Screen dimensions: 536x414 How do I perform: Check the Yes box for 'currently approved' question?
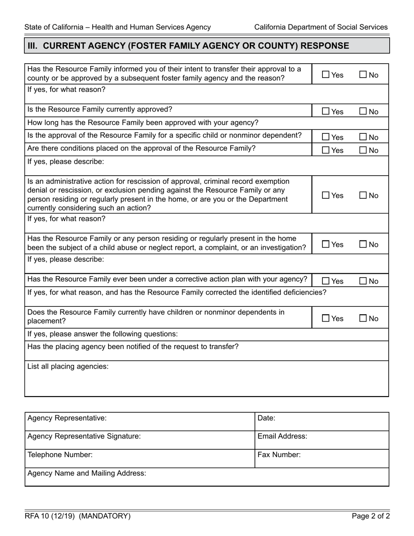coord(326,112)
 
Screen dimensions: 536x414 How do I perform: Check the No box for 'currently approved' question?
coord(363,112)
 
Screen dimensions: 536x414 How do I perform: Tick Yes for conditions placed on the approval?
coord(326,150)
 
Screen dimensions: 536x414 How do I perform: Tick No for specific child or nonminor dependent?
coord(363,137)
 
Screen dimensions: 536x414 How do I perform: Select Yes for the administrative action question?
coord(326,196)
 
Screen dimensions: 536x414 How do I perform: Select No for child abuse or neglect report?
coord(363,244)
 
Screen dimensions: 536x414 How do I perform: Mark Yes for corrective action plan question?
coord(326,282)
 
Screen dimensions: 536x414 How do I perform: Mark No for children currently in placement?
coord(363,319)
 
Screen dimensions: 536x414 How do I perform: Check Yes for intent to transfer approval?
coord(326,75)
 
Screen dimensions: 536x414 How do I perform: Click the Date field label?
coord(267,418)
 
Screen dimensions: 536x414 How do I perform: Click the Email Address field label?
coord(282,436)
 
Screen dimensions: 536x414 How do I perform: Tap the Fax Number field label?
coord(279,455)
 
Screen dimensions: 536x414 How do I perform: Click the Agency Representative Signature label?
coord(84,436)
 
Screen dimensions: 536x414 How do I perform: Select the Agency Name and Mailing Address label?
coord(87,473)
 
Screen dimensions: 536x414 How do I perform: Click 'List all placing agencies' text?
coord(68,366)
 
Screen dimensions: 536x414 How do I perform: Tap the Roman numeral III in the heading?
coord(33,46)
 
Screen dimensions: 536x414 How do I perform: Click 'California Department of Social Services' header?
coord(321,27)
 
